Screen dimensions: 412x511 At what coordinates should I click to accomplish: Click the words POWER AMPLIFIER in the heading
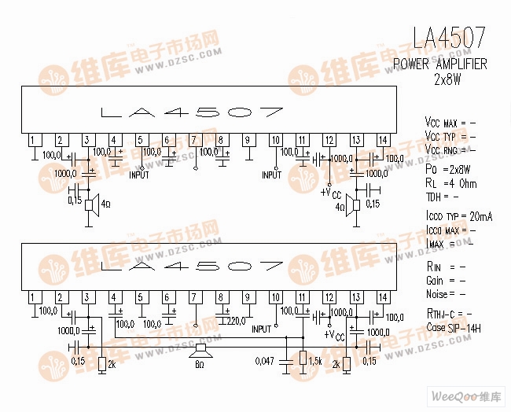pyautogui.click(x=439, y=64)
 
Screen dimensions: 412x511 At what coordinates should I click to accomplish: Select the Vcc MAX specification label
pyautogui.click(x=442, y=123)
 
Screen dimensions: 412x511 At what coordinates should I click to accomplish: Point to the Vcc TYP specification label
pyautogui.click(x=440, y=137)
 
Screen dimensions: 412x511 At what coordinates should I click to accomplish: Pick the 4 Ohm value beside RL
pyautogui.click(x=463, y=183)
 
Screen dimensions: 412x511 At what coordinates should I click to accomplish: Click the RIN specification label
pyautogui.click(x=435, y=267)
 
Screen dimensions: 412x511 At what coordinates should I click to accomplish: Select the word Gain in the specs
pyautogui.click(x=435, y=281)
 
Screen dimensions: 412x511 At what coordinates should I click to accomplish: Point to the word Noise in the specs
pyautogui.click(x=436, y=294)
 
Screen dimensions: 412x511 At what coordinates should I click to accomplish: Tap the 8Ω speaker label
pyautogui.click(x=200, y=365)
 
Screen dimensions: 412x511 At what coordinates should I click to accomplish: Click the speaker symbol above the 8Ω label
pyautogui.click(x=200, y=348)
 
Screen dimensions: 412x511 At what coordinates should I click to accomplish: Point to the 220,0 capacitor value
pyautogui.click(x=235, y=321)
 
